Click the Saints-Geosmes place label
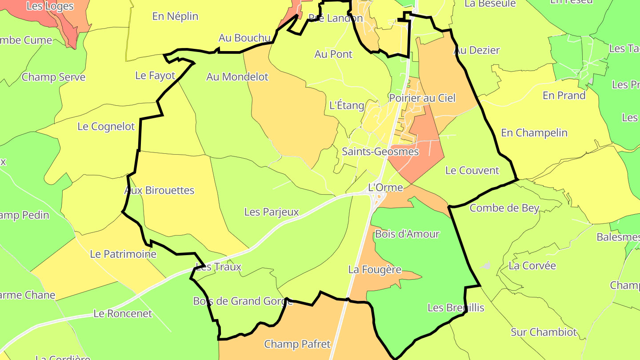click(x=380, y=152)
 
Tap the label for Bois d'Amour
click(x=407, y=234)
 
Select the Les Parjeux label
click(x=272, y=212)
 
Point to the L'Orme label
click(x=385, y=187)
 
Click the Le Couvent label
click(x=472, y=170)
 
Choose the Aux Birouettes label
click(x=159, y=190)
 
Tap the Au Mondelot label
click(x=237, y=77)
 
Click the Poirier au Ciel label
click(x=422, y=98)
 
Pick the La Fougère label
click(x=375, y=269)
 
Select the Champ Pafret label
click(x=297, y=344)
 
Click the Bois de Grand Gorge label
click(x=243, y=301)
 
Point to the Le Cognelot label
click(x=106, y=126)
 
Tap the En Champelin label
click(x=534, y=132)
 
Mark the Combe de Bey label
click(x=504, y=208)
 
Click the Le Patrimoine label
click(x=123, y=254)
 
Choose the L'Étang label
click(x=347, y=106)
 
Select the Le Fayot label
click(x=155, y=76)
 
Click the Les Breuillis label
click(x=456, y=308)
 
